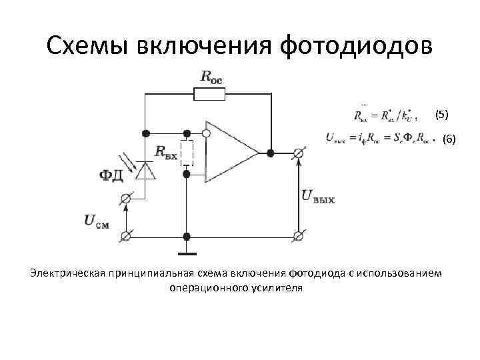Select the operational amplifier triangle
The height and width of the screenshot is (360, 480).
click(x=229, y=152)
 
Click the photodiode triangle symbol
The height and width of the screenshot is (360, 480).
click(x=145, y=169)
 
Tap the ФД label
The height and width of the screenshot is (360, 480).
click(x=111, y=175)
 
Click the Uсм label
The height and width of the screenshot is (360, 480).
click(x=97, y=220)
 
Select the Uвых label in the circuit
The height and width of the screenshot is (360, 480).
click(x=318, y=196)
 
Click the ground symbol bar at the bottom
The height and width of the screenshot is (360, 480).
click(x=187, y=254)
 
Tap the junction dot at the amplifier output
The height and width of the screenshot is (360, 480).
click(x=270, y=153)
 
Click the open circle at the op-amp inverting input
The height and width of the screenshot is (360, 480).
click(x=207, y=133)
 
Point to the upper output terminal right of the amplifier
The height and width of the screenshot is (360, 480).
click(x=299, y=153)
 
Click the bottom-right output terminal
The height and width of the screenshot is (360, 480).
click(x=299, y=236)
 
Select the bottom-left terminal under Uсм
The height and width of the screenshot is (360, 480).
click(x=125, y=236)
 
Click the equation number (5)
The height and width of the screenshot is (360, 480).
click(x=442, y=115)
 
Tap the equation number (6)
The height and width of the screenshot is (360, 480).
click(x=449, y=139)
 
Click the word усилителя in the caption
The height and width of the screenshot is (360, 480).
click(x=277, y=288)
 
